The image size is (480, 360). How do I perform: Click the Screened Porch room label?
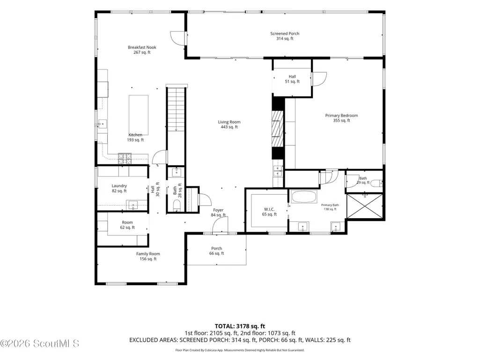285,36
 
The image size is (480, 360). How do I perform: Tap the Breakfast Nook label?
142,50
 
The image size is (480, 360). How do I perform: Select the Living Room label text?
229,124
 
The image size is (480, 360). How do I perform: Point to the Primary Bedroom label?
341,118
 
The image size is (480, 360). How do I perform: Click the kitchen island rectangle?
139,115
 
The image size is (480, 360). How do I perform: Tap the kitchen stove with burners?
125,158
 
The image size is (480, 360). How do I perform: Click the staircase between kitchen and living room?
176,126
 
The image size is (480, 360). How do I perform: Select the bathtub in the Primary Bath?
304,197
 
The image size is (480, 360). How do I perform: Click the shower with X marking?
365,206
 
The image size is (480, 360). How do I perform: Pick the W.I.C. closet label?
269,212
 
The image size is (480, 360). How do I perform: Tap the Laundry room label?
119,188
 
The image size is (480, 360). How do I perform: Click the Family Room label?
148,256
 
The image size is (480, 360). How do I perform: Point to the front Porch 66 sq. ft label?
216,251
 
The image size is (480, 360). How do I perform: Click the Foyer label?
218,213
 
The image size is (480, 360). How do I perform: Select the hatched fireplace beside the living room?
278,129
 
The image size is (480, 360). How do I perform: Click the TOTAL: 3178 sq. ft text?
240,326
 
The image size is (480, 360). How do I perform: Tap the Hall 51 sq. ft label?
292,79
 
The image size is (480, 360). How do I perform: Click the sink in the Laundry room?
133,205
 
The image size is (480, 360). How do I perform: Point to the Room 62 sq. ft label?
127,225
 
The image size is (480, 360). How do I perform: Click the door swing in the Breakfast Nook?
177,39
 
